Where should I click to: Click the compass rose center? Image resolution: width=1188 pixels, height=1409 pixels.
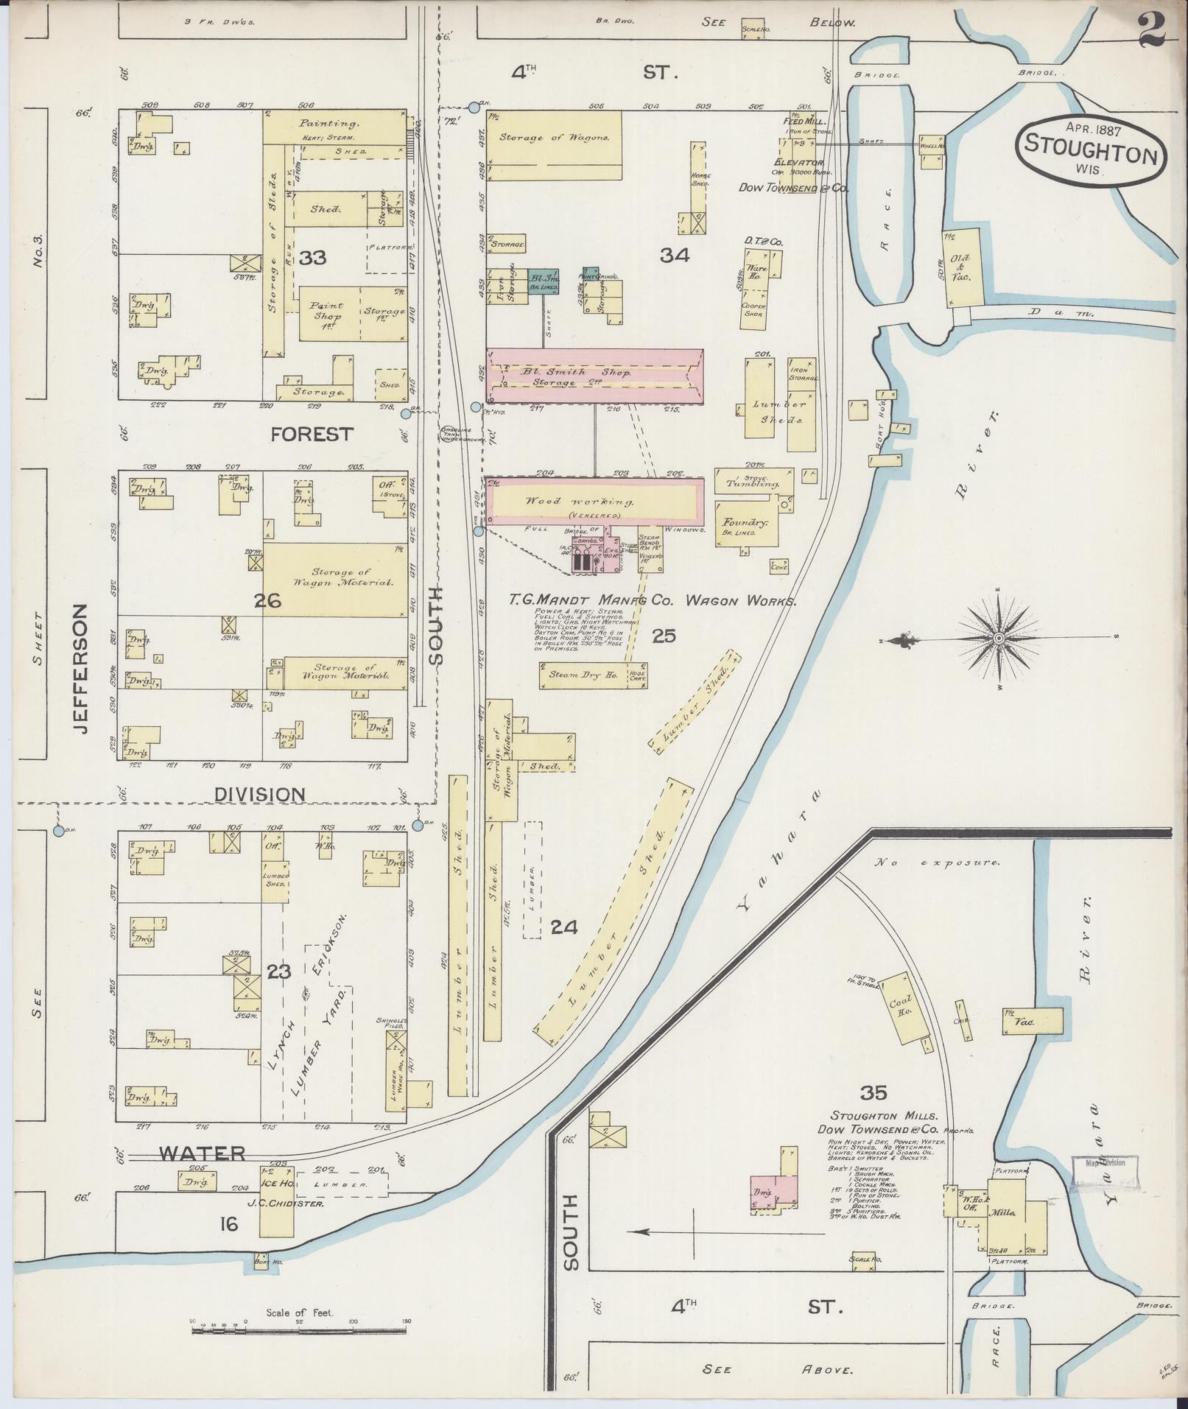click(x=999, y=637)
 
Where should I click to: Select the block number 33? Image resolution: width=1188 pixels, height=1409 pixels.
click(x=313, y=258)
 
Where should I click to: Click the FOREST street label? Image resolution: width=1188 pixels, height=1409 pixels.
click(x=312, y=435)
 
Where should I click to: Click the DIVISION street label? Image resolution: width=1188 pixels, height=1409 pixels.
click(x=259, y=795)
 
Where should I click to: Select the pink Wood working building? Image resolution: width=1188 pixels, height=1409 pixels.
click(x=595, y=501)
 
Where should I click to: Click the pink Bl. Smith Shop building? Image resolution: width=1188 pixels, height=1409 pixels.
click(x=595, y=376)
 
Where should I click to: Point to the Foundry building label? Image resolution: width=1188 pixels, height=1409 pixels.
click(x=750, y=522)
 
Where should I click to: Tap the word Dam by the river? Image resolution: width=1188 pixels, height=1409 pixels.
click(x=1061, y=313)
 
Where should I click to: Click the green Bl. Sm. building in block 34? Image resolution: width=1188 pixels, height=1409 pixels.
click(x=543, y=280)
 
